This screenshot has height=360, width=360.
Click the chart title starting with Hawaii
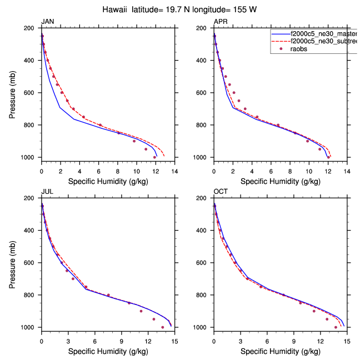[179, 9]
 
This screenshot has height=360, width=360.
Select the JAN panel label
[48, 22]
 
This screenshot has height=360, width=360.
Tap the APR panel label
[221, 22]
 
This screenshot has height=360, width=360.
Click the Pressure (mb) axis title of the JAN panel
[12, 93]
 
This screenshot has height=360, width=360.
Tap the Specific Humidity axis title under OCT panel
[280, 351]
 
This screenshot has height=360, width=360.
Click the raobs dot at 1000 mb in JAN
[154, 157]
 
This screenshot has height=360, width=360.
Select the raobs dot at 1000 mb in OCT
[336, 327]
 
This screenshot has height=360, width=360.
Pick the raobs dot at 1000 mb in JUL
[162, 327]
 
